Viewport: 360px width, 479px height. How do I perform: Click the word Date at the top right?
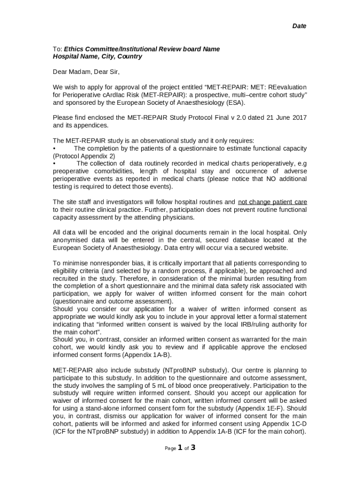pyautogui.click(x=299, y=26)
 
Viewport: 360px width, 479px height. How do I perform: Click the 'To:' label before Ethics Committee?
pyautogui.click(x=58, y=49)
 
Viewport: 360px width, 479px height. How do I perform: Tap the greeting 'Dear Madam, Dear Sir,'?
pyautogui.click(x=86, y=72)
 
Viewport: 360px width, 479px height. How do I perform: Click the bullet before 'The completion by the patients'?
pyautogui.click(x=54, y=148)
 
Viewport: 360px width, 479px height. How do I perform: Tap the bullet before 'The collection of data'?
pyautogui.click(x=54, y=164)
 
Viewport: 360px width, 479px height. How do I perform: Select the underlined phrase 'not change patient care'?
pyautogui.click(x=273, y=202)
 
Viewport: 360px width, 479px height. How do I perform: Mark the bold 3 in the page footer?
pyautogui.click(x=192, y=448)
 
